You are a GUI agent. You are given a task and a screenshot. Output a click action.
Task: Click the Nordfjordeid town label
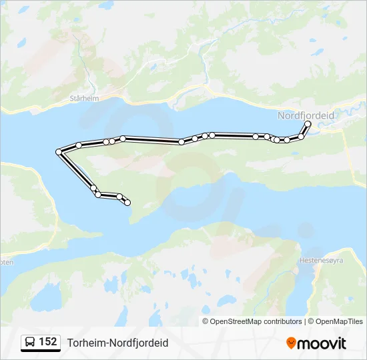(306, 115)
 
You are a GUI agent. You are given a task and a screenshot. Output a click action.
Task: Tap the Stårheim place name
(84, 98)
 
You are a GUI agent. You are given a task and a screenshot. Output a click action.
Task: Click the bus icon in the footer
(29, 342)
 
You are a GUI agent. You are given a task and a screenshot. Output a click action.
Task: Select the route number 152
(47, 342)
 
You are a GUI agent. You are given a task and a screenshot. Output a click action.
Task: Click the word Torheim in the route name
(83, 343)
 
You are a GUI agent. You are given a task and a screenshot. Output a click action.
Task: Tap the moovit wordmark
(322, 343)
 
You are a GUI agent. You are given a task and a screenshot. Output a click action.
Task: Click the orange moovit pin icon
(291, 343)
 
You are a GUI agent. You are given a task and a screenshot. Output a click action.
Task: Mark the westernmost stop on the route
(59, 152)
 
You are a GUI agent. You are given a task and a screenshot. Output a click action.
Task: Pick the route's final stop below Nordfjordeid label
(308, 123)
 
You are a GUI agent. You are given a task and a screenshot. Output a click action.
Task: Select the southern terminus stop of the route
(127, 203)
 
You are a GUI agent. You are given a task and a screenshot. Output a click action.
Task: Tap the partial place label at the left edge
(6, 262)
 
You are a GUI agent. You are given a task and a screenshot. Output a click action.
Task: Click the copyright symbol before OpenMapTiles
(310, 321)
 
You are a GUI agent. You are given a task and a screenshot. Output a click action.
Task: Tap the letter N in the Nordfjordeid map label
(281, 115)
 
